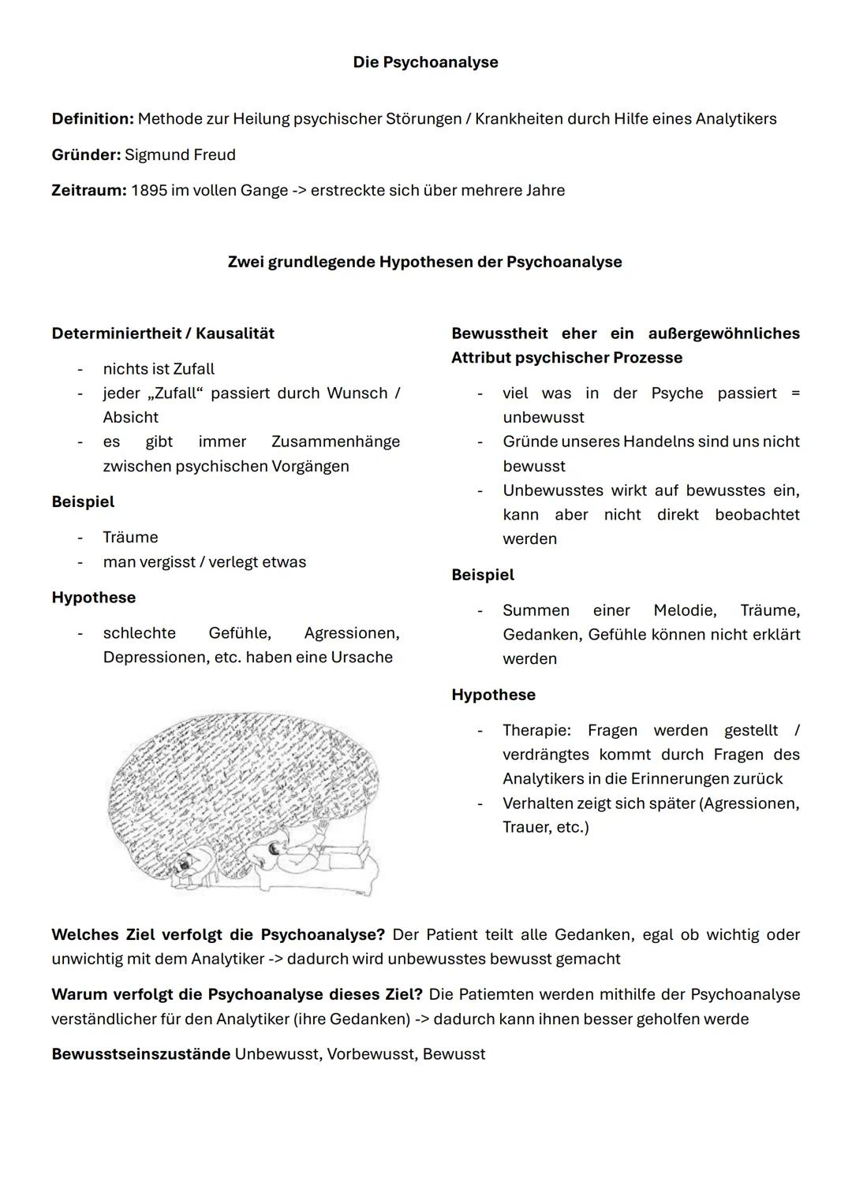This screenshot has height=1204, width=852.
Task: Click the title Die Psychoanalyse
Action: click(x=425, y=62)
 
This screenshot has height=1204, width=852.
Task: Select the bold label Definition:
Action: click(x=92, y=119)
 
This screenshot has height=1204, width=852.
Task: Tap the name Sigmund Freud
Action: click(x=180, y=155)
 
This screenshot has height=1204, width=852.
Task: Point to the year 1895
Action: click(x=148, y=191)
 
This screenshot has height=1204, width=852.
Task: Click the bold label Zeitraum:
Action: click(x=88, y=191)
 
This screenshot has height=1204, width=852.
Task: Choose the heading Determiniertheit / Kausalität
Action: click(x=163, y=334)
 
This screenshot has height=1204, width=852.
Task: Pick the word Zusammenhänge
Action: click(x=335, y=442)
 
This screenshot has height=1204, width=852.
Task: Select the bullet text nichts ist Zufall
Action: click(x=159, y=369)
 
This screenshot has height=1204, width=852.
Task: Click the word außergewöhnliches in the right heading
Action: click(x=723, y=334)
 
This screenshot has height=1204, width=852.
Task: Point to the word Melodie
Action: click(x=684, y=610)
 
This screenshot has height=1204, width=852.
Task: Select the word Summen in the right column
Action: click(x=536, y=610)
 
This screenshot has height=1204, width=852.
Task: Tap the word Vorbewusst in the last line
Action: click(x=370, y=1054)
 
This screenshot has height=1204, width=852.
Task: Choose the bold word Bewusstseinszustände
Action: click(x=140, y=1054)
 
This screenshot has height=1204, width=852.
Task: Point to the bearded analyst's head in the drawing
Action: click(x=186, y=864)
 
